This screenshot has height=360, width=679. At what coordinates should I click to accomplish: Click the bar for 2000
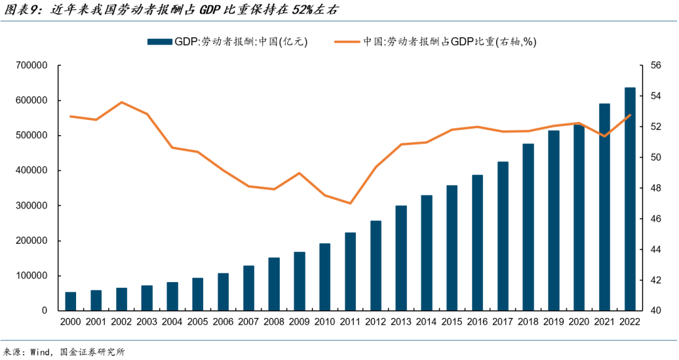click(x=70, y=302)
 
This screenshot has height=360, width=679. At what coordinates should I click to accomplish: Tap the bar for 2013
click(x=401, y=258)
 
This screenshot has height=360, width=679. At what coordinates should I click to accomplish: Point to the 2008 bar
click(x=274, y=284)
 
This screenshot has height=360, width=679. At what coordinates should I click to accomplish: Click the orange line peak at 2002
click(x=121, y=102)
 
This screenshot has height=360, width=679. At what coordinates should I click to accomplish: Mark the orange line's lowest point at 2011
click(x=350, y=203)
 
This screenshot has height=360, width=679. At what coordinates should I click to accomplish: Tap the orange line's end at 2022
click(x=630, y=115)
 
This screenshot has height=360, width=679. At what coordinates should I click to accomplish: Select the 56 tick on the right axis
click(x=655, y=65)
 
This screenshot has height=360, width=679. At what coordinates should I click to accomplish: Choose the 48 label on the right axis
click(x=655, y=188)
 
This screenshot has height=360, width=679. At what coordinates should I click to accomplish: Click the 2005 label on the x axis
click(x=197, y=322)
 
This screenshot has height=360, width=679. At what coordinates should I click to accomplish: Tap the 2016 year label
click(x=477, y=322)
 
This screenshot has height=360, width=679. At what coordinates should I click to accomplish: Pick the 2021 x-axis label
click(x=604, y=322)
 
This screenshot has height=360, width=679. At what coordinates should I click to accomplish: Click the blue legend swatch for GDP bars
click(x=160, y=41)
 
